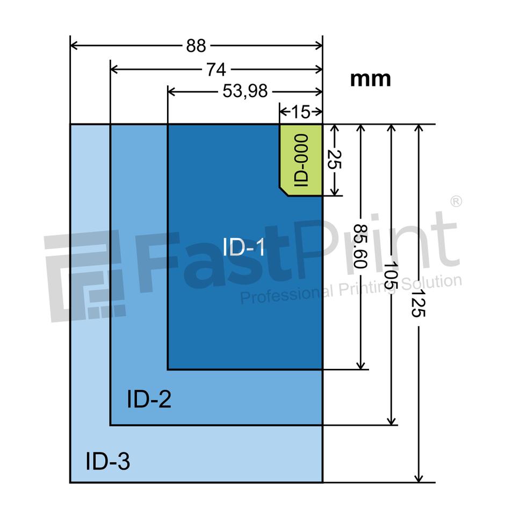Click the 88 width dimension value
tap(196, 46)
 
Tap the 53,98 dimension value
tap(245, 92)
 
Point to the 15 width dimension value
tap(301, 112)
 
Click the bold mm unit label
tap(371, 79)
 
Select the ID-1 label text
tap(244, 247)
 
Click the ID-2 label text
tap(149, 399)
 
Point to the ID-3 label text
tap(107, 462)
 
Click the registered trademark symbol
tap(455, 202)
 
